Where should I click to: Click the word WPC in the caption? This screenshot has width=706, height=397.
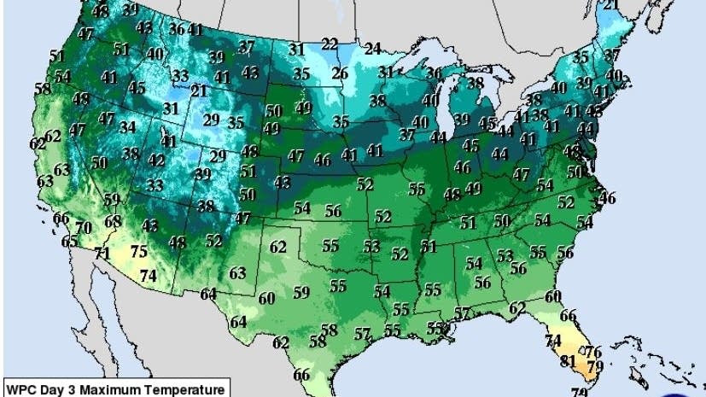point(21,390)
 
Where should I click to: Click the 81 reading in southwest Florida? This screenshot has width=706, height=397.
point(566,360)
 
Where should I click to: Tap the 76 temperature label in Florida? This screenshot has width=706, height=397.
point(593,352)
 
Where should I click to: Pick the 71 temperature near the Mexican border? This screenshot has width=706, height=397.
point(102,254)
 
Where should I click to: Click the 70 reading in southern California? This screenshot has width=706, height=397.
point(83,228)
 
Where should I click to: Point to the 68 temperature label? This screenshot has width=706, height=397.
point(113,222)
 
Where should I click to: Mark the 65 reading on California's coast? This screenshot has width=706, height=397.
point(69,242)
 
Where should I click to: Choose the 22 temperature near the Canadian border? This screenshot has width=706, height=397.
point(330,44)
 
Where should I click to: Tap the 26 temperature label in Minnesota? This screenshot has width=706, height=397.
point(340,73)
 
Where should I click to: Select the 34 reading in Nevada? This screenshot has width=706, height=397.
point(128,127)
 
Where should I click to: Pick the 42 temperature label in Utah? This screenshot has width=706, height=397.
point(157,160)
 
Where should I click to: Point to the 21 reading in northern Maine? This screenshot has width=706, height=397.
point(610,5)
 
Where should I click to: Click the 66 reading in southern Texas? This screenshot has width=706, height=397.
point(301,375)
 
